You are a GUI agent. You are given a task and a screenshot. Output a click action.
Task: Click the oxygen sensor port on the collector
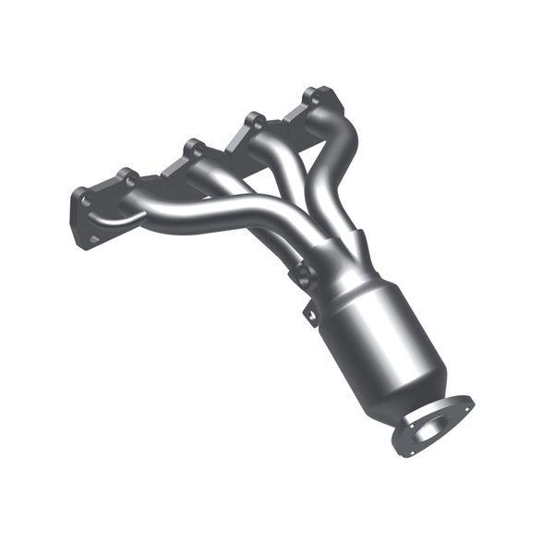302,274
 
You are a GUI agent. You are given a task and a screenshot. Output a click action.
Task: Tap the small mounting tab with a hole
311,314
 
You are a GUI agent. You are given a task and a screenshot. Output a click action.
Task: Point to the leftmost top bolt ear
126,175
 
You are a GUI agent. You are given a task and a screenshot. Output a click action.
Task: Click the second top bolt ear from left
194,146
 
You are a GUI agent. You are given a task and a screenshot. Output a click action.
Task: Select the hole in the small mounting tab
312,317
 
